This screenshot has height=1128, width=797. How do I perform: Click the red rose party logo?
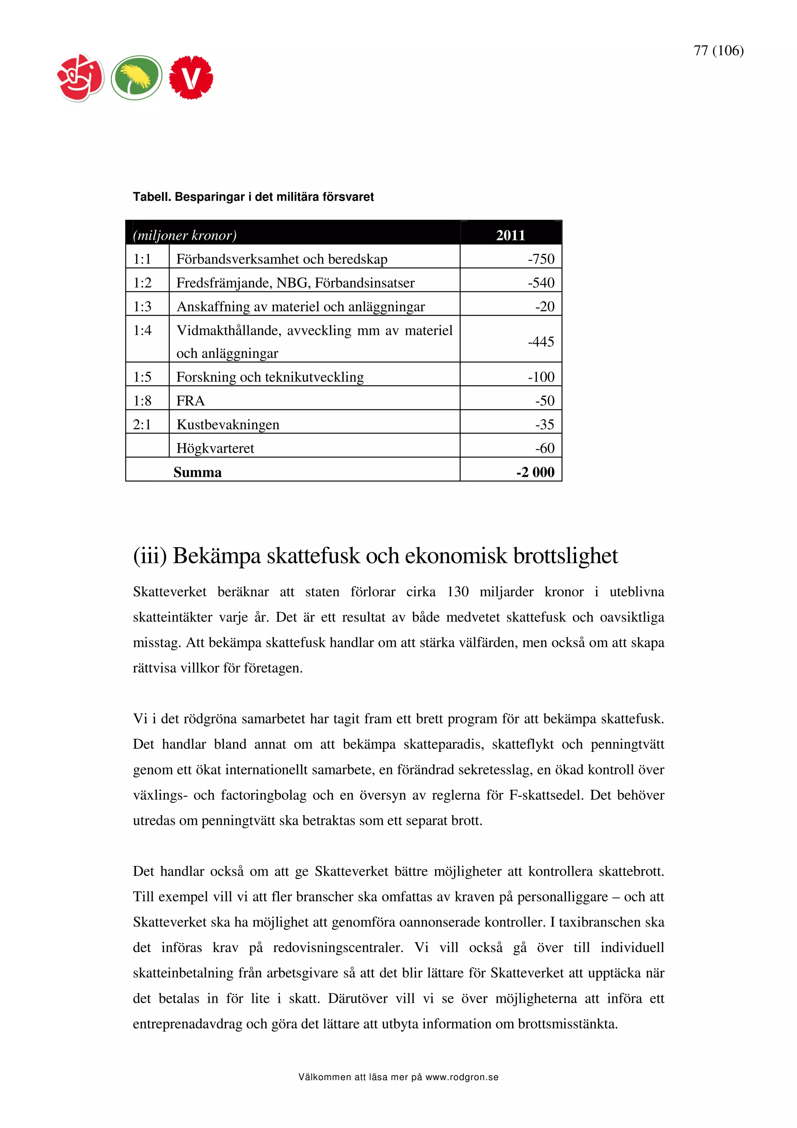[81, 77]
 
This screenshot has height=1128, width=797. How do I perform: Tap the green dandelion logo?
[136, 77]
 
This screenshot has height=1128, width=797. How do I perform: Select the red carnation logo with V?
[191, 77]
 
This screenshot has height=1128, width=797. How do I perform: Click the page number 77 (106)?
[718, 51]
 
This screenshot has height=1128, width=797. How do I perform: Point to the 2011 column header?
[510, 235]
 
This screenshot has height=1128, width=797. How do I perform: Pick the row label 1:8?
[142, 401]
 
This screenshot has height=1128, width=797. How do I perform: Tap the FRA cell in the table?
[191, 401]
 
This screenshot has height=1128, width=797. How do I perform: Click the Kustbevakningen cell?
[228, 425]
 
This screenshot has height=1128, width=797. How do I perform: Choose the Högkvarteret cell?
[215, 448]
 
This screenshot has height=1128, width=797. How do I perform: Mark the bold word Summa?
[197, 472]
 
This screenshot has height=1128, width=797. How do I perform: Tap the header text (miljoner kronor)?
[184, 235]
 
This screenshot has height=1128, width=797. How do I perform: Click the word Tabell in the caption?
[151, 197]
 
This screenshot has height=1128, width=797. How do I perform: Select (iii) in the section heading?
[150, 556]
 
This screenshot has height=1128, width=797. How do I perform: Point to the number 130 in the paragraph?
[458, 592]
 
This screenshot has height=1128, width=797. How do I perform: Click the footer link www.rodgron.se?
[462, 1077]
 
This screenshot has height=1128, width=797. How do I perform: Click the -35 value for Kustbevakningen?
[544, 425]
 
